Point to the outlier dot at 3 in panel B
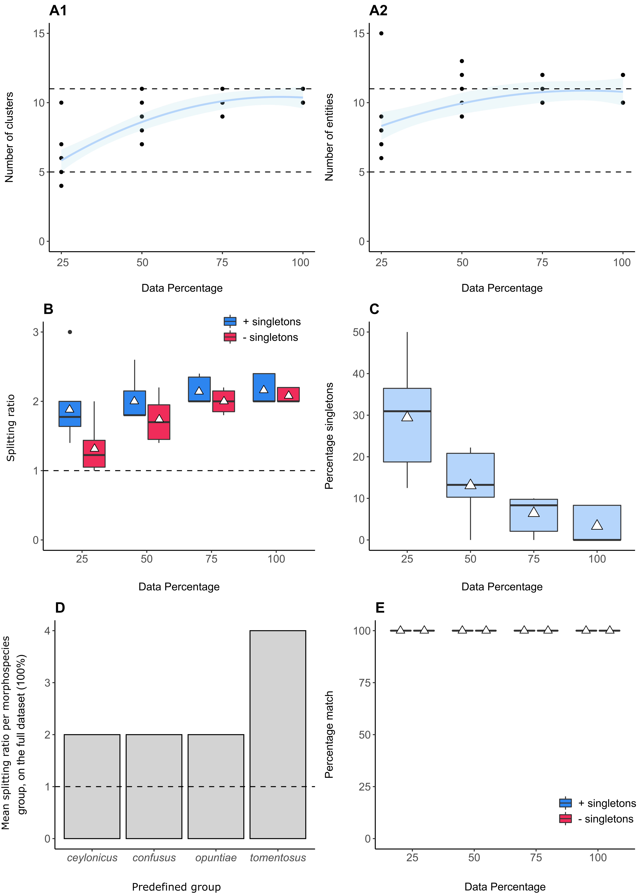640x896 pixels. point(70,332)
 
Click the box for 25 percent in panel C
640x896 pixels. point(407,425)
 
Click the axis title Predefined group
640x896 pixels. point(176,887)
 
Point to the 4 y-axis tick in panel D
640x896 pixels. point(48,631)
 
